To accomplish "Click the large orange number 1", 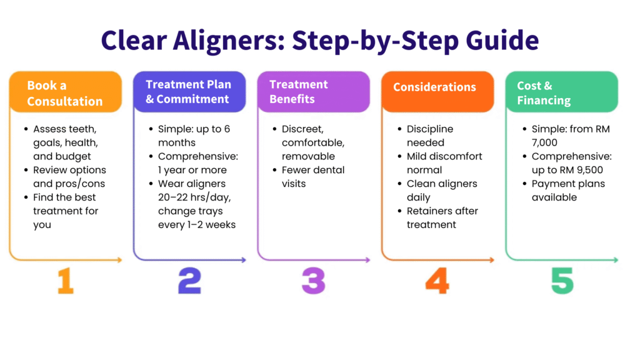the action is pyautogui.click(x=66, y=281).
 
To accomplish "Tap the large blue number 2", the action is pyautogui.click(x=190, y=281).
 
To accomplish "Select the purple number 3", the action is pyautogui.click(x=314, y=281).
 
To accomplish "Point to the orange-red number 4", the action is pyautogui.click(x=437, y=281).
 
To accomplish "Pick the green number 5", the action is pyautogui.click(x=562, y=281).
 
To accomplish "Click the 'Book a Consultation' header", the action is pyautogui.click(x=65, y=92).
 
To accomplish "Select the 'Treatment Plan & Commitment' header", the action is pyautogui.click(x=189, y=92).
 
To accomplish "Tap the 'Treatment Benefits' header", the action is pyautogui.click(x=314, y=92).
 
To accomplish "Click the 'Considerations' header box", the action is pyautogui.click(x=437, y=92).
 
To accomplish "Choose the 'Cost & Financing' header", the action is pyautogui.click(x=562, y=92).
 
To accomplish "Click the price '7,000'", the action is pyautogui.click(x=544, y=143).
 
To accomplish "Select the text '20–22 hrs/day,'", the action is pyautogui.click(x=194, y=197).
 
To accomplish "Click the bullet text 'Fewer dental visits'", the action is pyautogui.click(x=313, y=177).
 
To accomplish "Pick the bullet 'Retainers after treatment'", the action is pyautogui.click(x=442, y=217).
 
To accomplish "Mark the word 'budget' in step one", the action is pyautogui.click(x=74, y=157).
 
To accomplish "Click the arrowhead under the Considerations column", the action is pyautogui.click(x=492, y=259).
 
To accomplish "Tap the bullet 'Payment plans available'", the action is pyautogui.click(x=568, y=191).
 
